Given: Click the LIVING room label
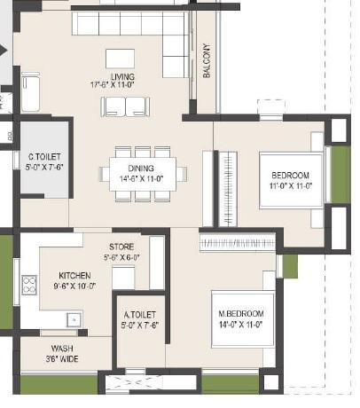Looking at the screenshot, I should click(x=123, y=76).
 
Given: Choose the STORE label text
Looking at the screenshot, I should click(x=122, y=246).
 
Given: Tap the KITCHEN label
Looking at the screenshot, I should click(x=74, y=275).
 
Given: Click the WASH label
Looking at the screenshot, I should click(x=61, y=349).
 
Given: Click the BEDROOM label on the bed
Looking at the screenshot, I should click(x=289, y=175).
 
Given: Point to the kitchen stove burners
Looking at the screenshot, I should click(x=29, y=285).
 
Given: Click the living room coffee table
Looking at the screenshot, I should click(x=120, y=59).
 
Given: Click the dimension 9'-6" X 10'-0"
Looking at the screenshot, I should click(x=74, y=286).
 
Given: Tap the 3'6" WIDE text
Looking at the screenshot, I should click(x=61, y=360).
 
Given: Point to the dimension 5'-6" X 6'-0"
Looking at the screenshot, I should click(x=122, y=256).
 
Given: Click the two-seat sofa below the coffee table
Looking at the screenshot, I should click(x=125, y=106).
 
